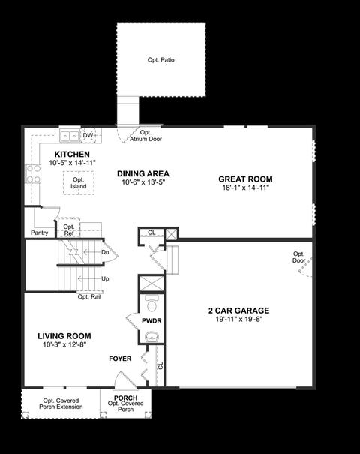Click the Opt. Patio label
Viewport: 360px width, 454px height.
click(161, 60)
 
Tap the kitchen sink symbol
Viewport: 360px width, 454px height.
click(70, 136)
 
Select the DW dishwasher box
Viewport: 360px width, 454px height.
click(88, 136)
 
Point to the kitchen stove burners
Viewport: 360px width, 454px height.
click(33, 174)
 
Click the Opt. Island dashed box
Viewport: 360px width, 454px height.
click(79, 183)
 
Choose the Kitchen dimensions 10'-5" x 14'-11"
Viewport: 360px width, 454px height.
click(72, 163)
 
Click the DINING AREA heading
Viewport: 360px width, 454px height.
click(143, 174)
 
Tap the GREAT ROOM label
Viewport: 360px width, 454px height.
click(245, 179)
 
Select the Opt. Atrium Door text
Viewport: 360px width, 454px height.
click(145, 136)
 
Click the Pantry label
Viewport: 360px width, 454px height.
click(39, 233)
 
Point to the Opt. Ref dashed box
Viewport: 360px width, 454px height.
click(69, 227)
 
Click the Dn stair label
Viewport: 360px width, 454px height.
click(105, 252)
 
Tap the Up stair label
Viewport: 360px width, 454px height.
click(105, 279)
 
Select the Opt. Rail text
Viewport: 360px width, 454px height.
click(89, 296)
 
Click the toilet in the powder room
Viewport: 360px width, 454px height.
click(151, 304)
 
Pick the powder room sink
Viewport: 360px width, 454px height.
click(152, 337)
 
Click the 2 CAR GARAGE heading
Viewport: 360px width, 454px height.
click(239, 311)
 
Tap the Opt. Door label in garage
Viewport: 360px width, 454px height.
click(299, 257)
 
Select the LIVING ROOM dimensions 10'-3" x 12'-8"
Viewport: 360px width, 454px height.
click(64, 345)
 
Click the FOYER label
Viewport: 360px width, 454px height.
click(120, 359)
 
